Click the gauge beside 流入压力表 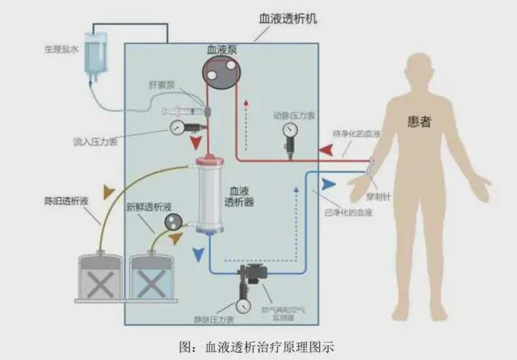[x=177, y=128]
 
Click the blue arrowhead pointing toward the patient [x=328, y=184]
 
